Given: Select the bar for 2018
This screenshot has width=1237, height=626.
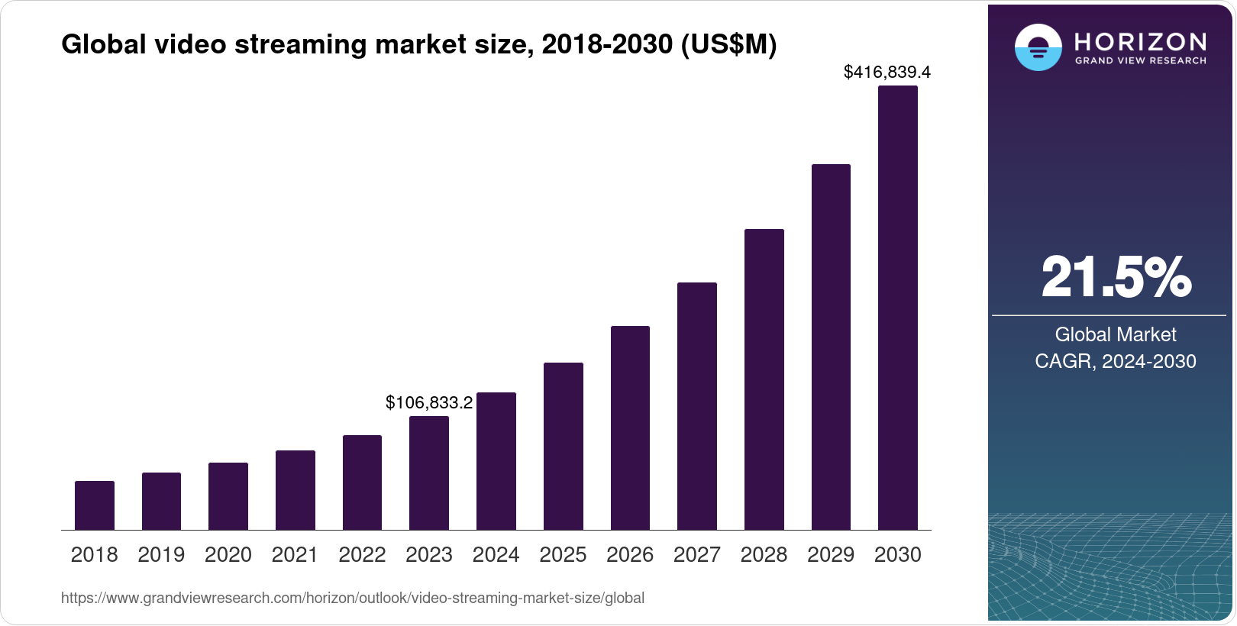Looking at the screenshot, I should (95, 505).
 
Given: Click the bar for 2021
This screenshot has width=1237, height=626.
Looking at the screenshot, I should (296, 490).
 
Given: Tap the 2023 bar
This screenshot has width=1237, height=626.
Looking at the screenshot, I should (429, 473).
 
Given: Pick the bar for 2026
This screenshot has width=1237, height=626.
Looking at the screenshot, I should (630, 428).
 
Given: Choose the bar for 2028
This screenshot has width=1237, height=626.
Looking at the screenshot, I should (764, 379).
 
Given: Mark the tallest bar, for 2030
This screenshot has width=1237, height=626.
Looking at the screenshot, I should (898, 308).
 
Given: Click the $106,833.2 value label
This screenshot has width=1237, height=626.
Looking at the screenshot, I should (429, 402).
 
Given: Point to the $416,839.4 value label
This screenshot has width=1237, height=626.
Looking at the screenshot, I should (887, 73).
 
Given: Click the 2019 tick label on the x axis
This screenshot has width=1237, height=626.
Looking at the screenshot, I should (161, 555).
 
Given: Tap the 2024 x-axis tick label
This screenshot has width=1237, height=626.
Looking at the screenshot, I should (496, 555).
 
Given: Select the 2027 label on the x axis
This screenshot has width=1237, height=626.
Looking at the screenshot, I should (697, 555).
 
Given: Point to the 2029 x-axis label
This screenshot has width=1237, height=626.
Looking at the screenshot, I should (831, 555).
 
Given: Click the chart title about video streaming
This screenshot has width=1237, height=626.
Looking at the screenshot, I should (418, 45).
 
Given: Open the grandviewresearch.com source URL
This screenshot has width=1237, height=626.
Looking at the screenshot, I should (353, 599).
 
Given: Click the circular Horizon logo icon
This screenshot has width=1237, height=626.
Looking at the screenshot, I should (1038, 47).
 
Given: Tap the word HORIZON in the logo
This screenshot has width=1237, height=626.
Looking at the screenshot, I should (1141, 41).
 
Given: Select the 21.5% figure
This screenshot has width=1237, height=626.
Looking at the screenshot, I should (1116, 277).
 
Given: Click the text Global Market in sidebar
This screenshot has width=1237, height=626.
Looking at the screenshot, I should (1116, 334).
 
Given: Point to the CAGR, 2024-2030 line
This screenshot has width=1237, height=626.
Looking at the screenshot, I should (1116, 361).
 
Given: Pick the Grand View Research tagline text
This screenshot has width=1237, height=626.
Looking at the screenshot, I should (1141, 61).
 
